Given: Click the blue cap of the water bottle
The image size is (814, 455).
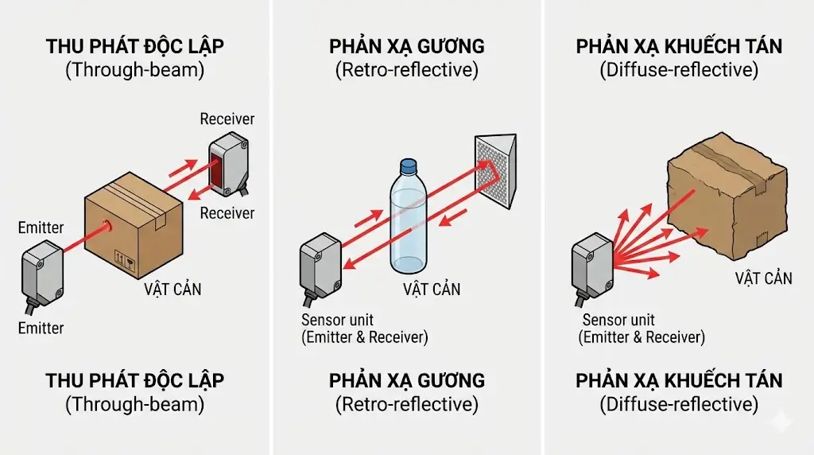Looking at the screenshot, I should (408, 166).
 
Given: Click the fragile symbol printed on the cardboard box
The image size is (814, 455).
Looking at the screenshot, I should (122, 259).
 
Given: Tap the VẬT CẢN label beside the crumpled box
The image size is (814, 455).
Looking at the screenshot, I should (763, 278).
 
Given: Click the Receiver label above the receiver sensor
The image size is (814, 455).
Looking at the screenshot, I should (227, 119).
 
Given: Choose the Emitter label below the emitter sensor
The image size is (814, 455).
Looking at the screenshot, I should (41, 328).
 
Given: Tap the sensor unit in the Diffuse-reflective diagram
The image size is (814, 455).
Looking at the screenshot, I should (593, 267).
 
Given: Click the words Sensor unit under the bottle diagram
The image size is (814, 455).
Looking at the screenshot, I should (337, 321).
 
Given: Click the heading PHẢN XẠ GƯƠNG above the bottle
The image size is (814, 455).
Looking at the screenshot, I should (407, 46).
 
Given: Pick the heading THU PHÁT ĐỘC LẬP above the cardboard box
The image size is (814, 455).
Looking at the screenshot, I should (134, 46).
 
